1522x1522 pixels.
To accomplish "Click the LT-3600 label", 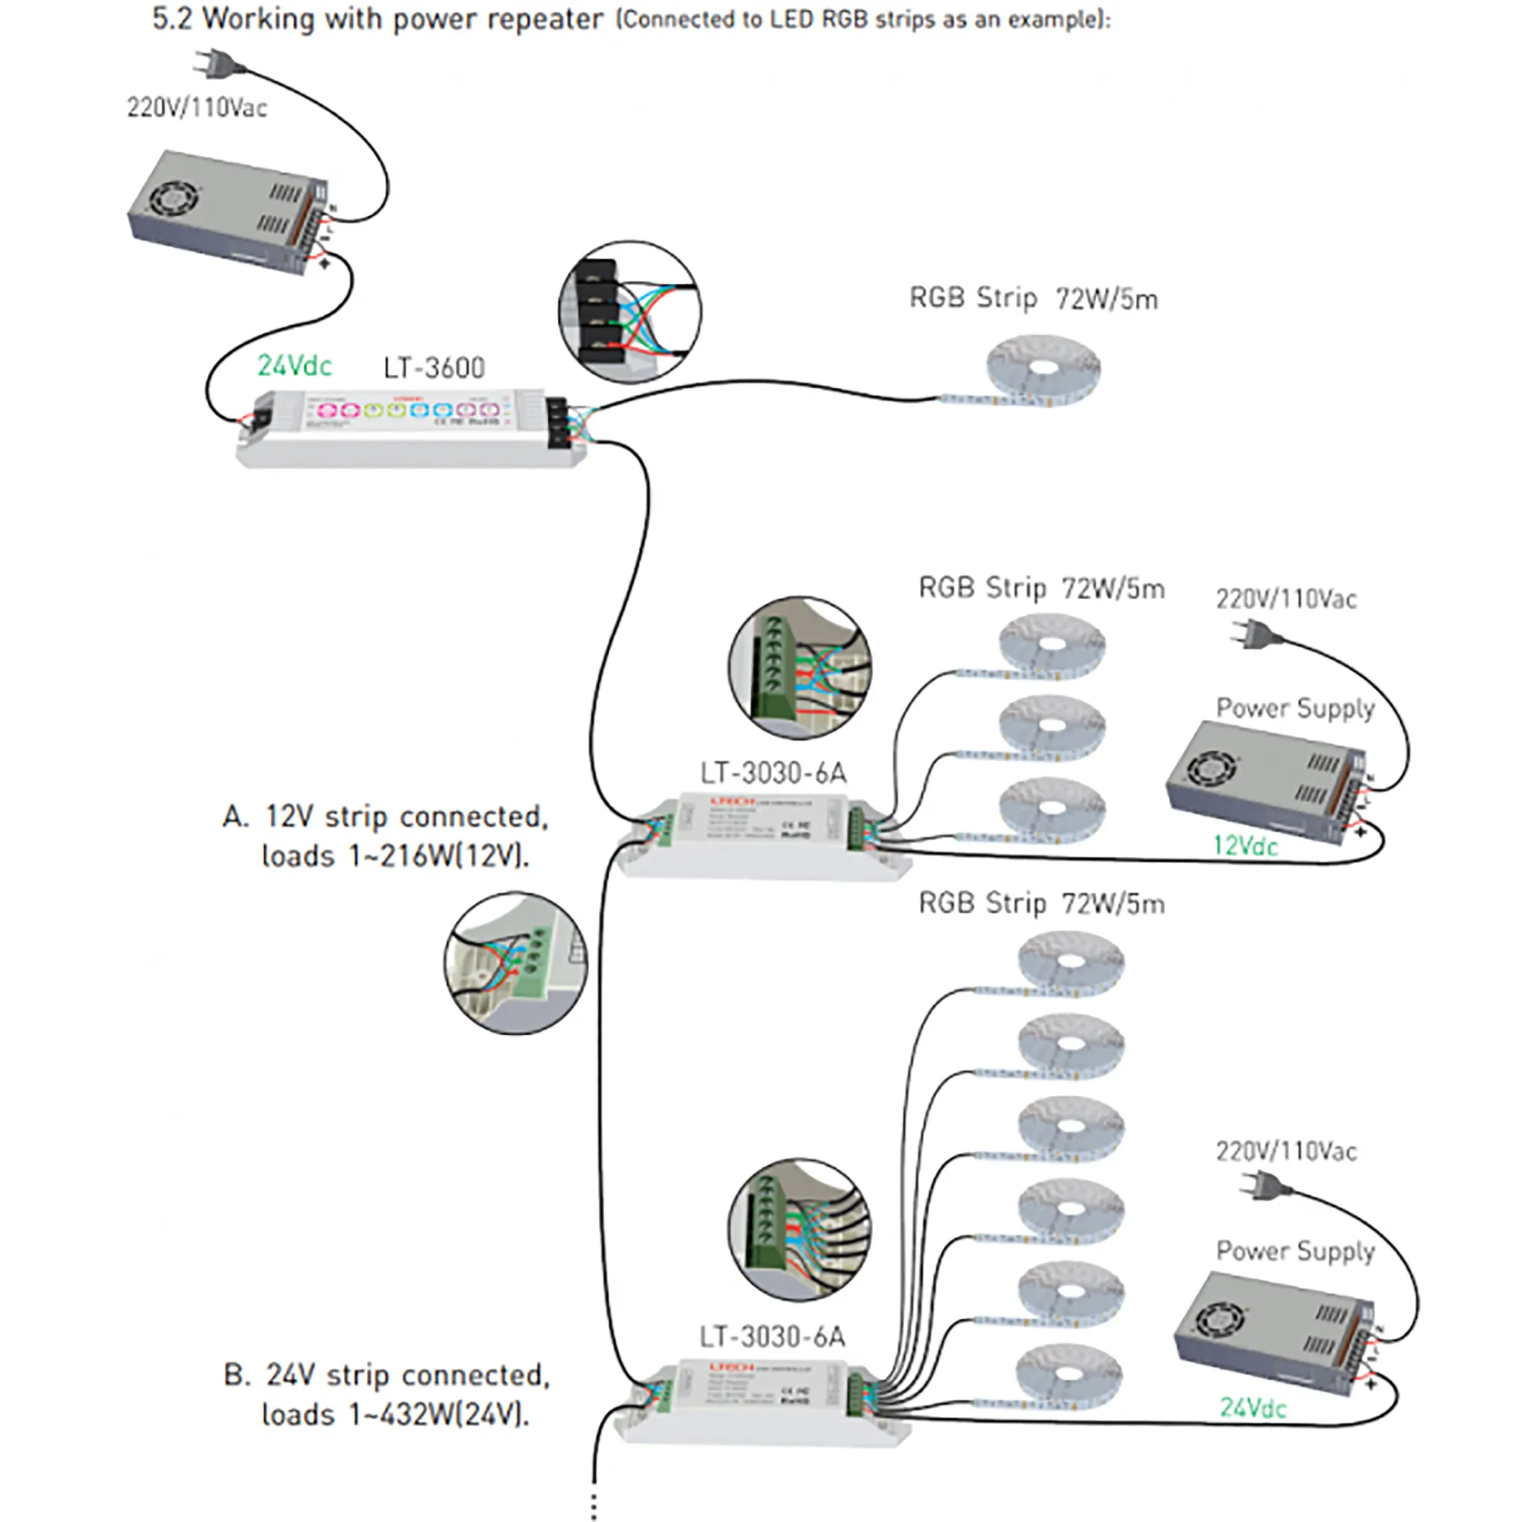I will point(433,368).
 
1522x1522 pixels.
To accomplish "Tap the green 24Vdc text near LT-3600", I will point(294,365).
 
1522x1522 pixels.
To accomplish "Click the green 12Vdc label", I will point(1245,846).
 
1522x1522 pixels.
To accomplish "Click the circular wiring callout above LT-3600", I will point(629,312).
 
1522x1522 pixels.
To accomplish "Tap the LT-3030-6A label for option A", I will point(773,773).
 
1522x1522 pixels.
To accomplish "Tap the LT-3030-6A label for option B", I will point(772,1337).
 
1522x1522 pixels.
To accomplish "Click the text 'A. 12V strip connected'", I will point(385,817).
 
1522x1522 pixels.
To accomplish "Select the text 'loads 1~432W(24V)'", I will point(395,1415).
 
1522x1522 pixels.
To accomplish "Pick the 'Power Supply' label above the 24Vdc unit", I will point(1294,1251).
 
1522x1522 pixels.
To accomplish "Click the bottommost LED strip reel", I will point(1068,1376).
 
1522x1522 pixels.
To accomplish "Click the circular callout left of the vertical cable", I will point(515,963).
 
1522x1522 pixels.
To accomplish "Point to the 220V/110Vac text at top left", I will point(197,107).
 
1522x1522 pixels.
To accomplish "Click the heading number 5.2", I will point(172,19).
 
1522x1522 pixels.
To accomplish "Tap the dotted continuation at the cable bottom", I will point(594,1504).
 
